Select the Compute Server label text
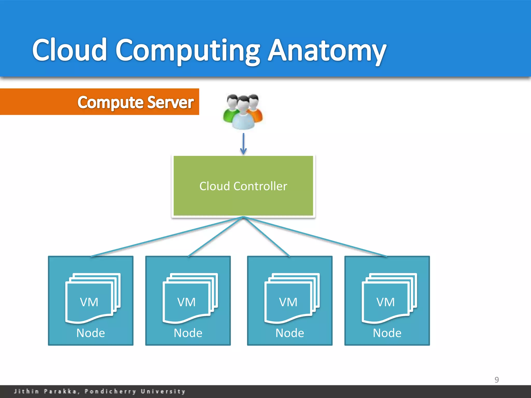[x=135, y=102]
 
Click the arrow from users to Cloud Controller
[x=243, y=144]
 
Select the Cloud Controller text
[x=243, y=186]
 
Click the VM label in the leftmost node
[x=89, y=302]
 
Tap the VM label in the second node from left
[x=186, y=302]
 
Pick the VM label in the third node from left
[x=288, y=302]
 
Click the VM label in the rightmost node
[x=386, y=302]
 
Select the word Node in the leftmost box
[x=90, y=333]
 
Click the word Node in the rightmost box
[x=387, y=333]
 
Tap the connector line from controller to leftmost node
[x=166, y=237]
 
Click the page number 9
[x=497, y=380]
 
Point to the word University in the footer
[x=163, y=391]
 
